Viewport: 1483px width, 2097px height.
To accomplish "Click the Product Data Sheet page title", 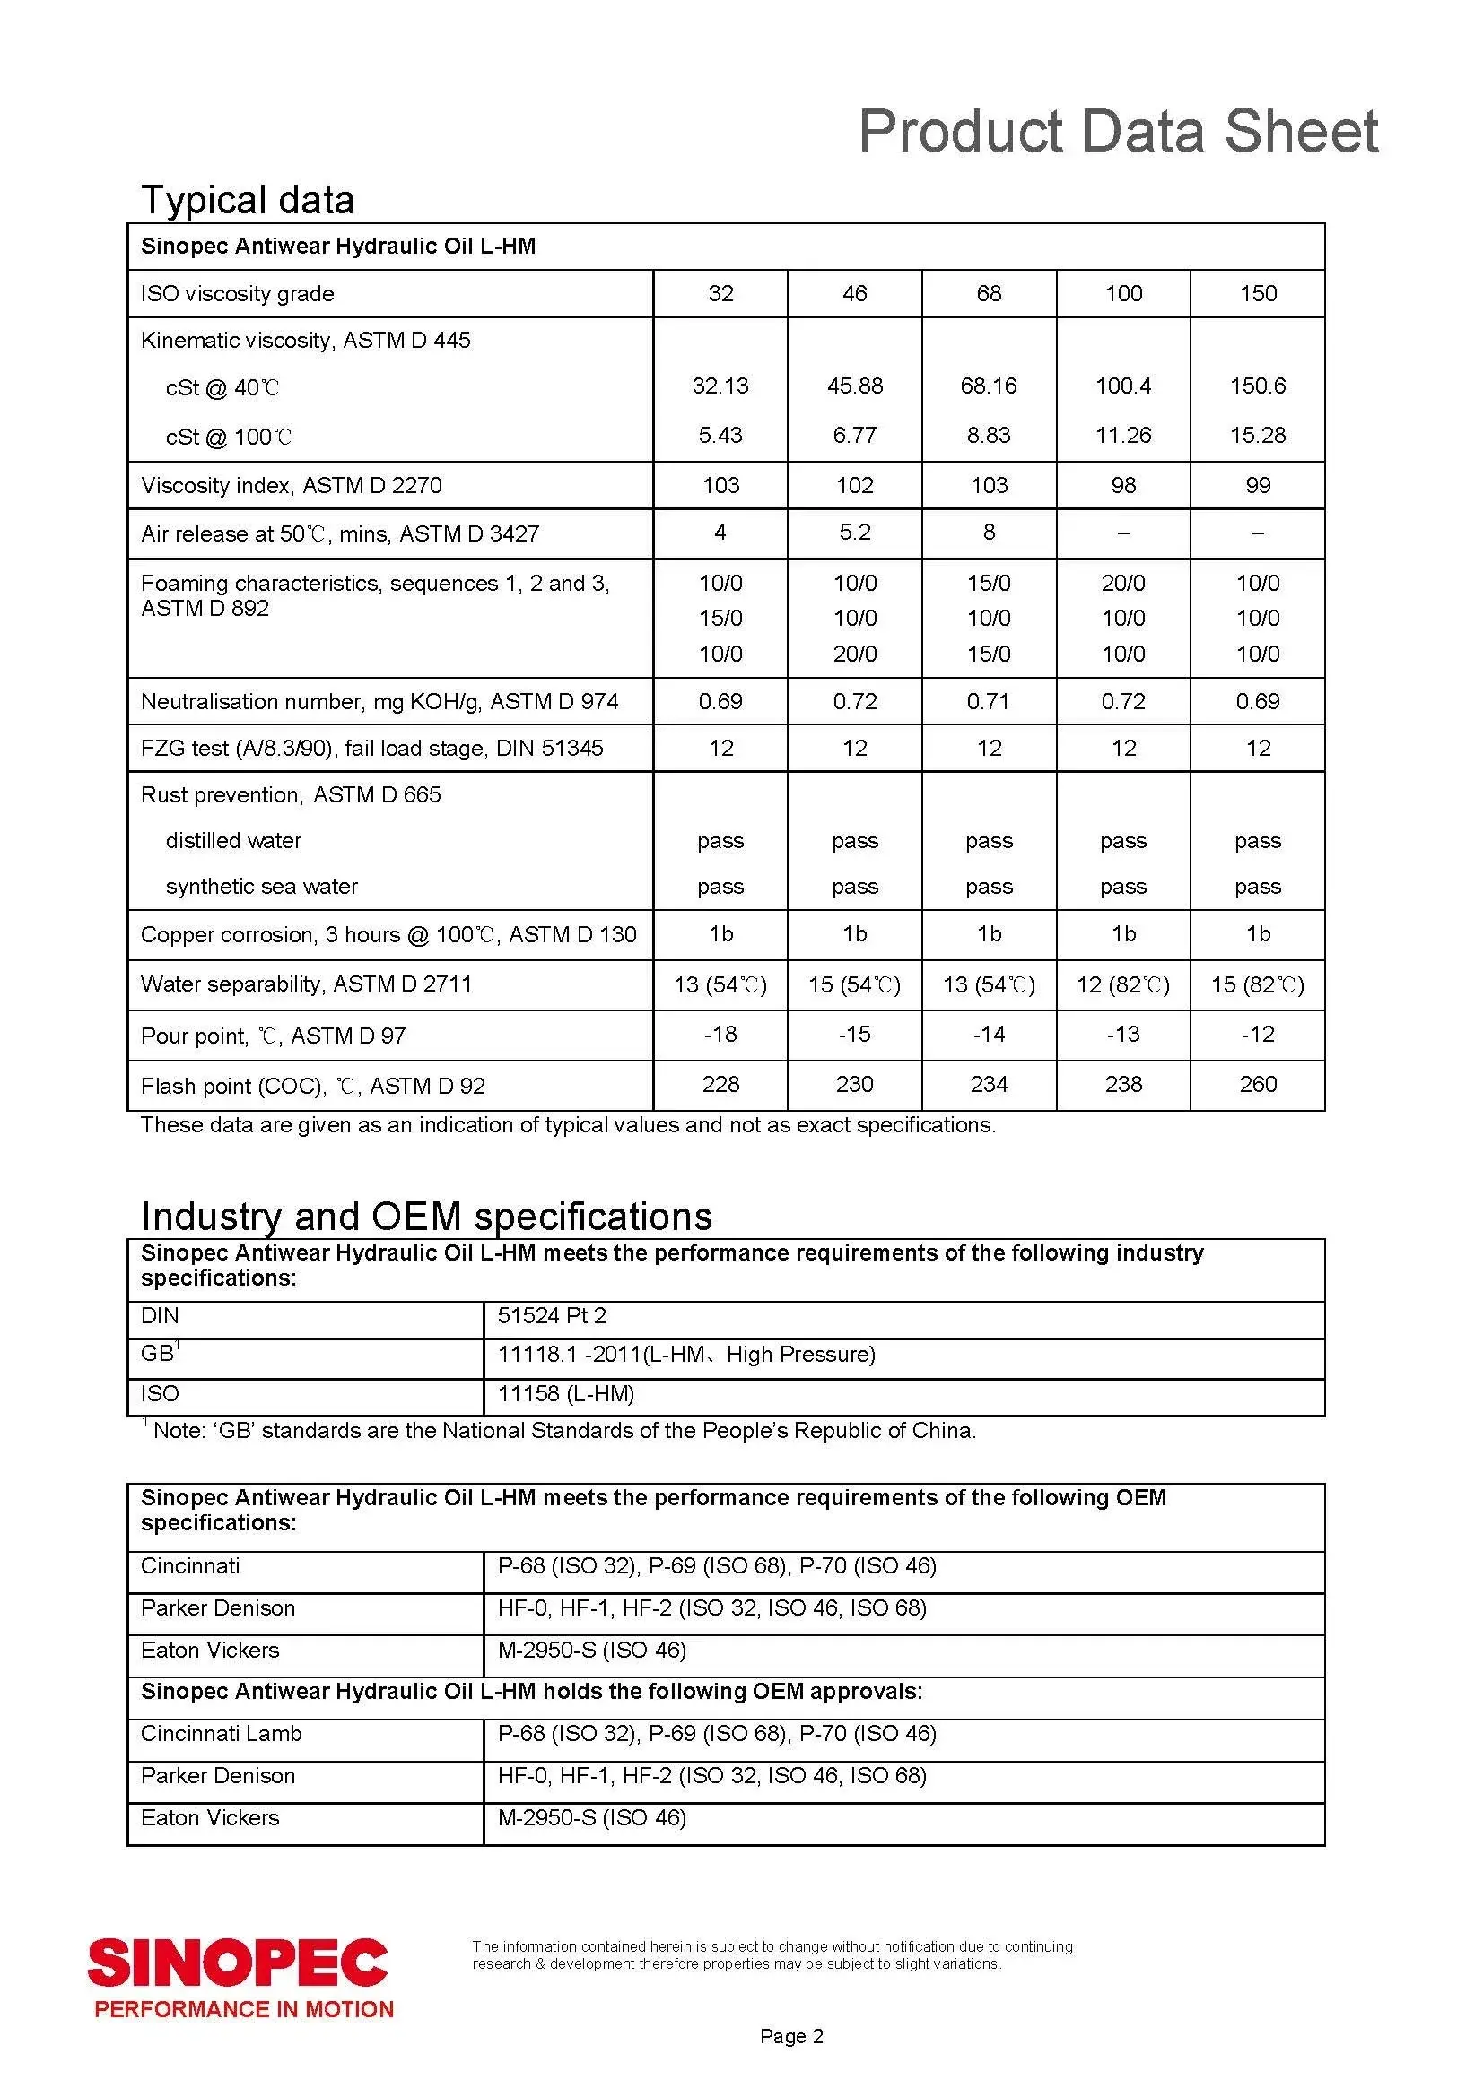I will pyautogui.click(x=1118, y=131).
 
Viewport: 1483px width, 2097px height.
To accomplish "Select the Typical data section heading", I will pyautogui.click(x=247, y=200).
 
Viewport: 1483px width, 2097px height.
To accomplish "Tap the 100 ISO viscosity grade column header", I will pyautogui.click(x=1123, y=293).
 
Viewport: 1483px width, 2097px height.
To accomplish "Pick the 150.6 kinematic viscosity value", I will pyautogui.click(x=1257, y=386).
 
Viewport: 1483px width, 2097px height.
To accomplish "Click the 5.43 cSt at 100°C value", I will pyautogui.click(x=720, y=435).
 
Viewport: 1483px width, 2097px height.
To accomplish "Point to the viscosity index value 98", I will pyautogui.click(x=1123, y=485).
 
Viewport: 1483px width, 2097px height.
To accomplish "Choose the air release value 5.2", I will pyautogui.click(x=854, y=533).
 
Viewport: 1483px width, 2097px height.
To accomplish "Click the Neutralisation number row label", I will pyautogui.click(x=379, y=701).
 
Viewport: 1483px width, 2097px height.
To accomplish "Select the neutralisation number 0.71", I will pyautogui.click(x=989, y=701).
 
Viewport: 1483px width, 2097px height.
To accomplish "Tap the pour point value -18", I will pyautogui.click(x=720, y=1034).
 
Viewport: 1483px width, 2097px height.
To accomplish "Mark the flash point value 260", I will pyautogui.click(x=1257, y=1084).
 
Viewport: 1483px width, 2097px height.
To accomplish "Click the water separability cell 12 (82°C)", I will pyautogui.click(x=1123, y=984).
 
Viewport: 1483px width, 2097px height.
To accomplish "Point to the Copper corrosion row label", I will pyautogui.click(x=388, y=934).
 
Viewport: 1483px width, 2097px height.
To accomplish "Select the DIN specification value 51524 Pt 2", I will pyautogui.click(x=552, y=1315).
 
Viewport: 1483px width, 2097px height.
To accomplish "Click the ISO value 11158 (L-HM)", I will pyautogui.click(x=565, y=1393).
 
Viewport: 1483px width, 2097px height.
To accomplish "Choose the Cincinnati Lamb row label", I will pyautogui.click(x=221, y=1734).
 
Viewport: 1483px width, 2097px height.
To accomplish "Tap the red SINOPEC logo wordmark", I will pyautogui.click(x=238, y=1963).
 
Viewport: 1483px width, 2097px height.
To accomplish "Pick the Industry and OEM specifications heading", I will pyautogui.click(x=426, y=1217).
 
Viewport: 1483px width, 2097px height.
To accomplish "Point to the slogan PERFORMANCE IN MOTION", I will pyautogui.click(x=244, y=2009).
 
